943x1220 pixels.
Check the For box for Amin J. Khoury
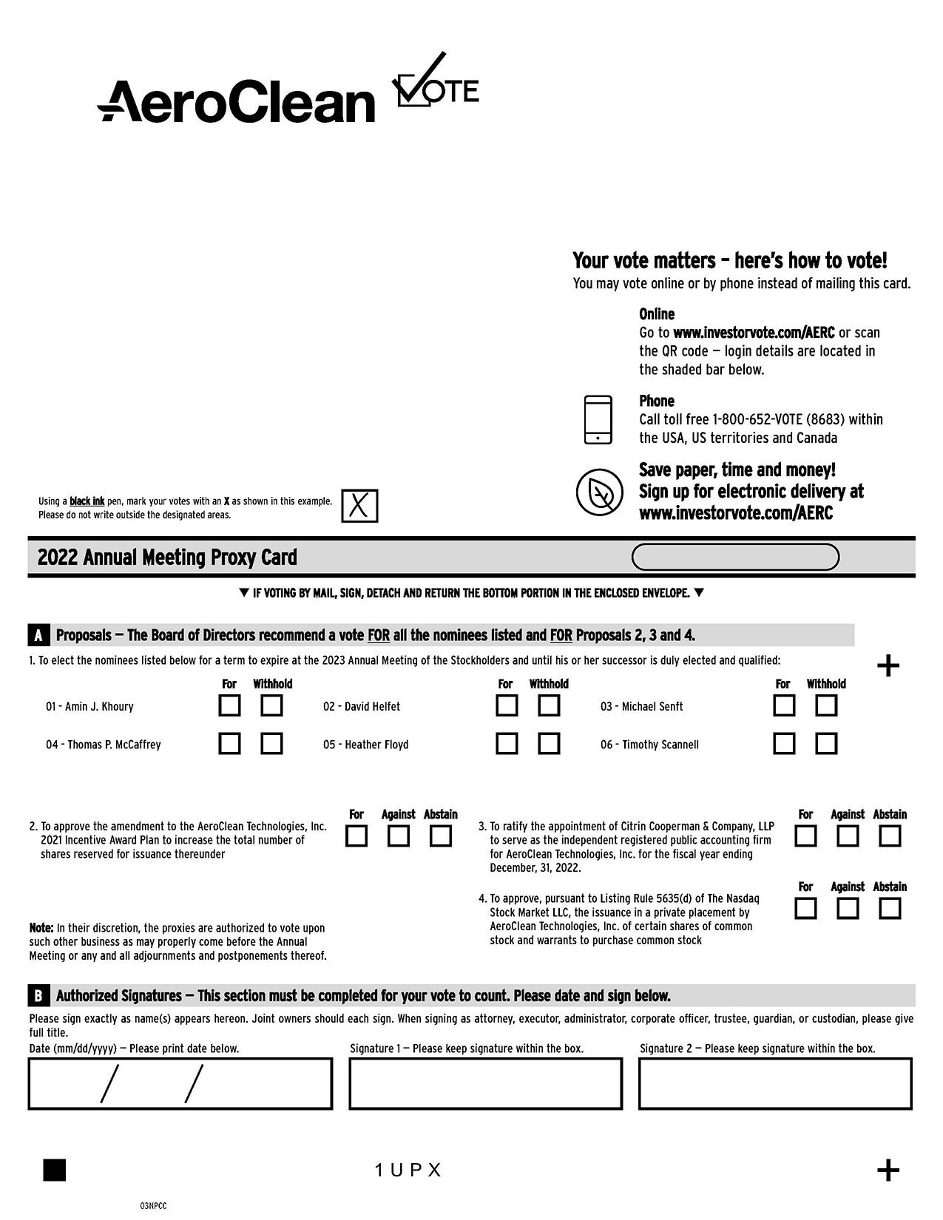point(229,705)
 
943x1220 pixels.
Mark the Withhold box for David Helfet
point(549,705)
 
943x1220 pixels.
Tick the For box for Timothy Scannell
point(784,743)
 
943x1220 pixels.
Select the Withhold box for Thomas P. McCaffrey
point(271,743)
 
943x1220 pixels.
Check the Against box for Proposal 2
point(399,836)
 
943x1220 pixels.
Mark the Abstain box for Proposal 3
point(890,836)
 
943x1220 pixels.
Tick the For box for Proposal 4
point(805,908)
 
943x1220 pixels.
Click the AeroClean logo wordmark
point(237,101)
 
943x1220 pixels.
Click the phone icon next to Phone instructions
point(598,420)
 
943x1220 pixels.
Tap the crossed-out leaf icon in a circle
point(599,492)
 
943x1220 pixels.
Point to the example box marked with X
point(359,506)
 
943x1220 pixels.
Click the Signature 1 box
point(485,1083)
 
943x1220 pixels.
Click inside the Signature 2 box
point(775,1083)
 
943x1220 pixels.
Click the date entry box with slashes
point(180,1083)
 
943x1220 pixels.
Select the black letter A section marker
point(38,635)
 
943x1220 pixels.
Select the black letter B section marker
point(38,996)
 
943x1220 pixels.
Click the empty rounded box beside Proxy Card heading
point(735,557)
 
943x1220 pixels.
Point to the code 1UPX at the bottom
point(408,1170)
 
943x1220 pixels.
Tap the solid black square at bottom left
point(55,1170)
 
